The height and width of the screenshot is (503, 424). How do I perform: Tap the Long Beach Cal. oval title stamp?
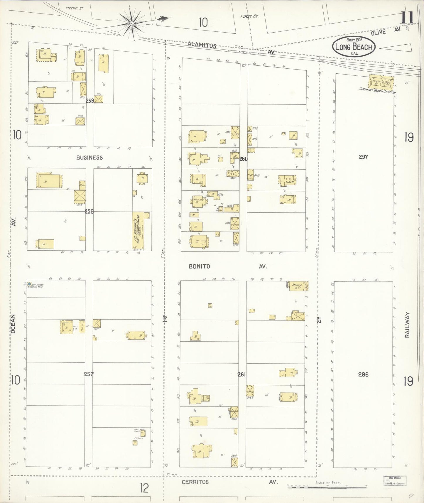click(354, 47)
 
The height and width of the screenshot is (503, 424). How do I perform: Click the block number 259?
click(90, 100)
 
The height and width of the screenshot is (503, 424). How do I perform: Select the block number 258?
click(89, 211)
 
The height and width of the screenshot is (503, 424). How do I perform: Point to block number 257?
click(89, 374)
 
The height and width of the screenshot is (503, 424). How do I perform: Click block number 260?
click(243, 159)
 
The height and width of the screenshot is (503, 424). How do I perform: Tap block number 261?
click(241, 374)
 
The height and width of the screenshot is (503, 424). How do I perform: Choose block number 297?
click(363, 157)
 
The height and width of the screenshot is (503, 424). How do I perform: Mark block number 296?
click(363, 374)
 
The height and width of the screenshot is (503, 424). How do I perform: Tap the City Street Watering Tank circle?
click(29, 284)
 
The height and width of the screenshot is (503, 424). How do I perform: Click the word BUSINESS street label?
click(89, 158)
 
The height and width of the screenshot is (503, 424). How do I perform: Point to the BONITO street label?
click(199, 266)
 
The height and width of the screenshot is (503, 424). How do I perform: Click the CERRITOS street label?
click(195, 482)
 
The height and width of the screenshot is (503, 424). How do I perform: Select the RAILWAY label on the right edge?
click(407, 325)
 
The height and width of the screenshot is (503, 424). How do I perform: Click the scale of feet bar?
click(327, 486)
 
